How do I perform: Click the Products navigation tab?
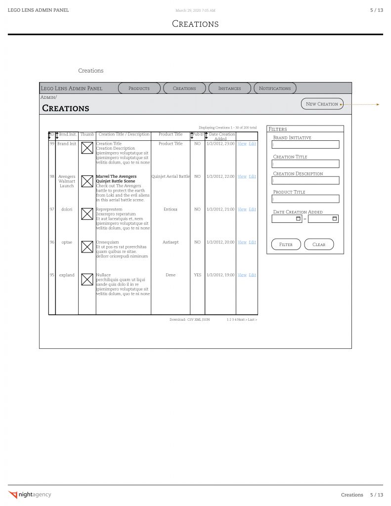pyautogui.click(x=139, y=88)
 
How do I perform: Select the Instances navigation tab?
pyautogui.click(x=229, y=88)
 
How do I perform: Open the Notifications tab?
pyautogui.click(x=275, y=88)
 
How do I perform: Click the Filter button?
pyautogui.click(x=286, y=245)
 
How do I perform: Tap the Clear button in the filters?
pyautogui.click(x=319, y=245)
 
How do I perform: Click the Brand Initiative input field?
pyautogui.click(x=305, y=145)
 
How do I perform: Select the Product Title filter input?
pyautogui.click(x=305, y=199)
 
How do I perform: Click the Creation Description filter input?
pyautogui.click(x=305, y=181)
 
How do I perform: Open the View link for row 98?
pyautogui.click(x=242, y=176)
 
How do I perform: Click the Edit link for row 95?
pyautogui.click(x=252, y=275)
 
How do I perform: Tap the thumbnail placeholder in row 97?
pyautogui.click(x=87, y=213)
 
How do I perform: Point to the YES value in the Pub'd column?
pyautogui.click(x=197, y=275)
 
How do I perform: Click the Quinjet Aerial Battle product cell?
pyautogui.click(x=171, y=176)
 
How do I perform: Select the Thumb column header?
pyautogui.click(x=87, y=134)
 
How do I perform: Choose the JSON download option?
pyautogui.click(x=206, y=320)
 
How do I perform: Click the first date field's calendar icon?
pyautogui.click(x=298, y=218)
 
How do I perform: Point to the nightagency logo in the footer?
pyautogui.click(x=30, y=495)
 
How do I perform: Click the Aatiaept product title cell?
pyautogui.click(x=171, y=243)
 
